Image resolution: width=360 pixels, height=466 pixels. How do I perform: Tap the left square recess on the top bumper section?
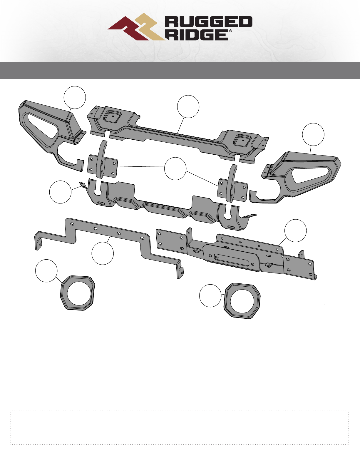pyautogui.click(x=112, y=117)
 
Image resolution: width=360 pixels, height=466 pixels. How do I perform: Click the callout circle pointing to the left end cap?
pyautogui.click(x=75, y=98)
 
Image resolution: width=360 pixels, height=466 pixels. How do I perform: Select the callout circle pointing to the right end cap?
pyautogui.click(x=313, y=134)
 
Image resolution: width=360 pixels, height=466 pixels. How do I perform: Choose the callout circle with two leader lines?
pyautogui.click(x=175, y=169)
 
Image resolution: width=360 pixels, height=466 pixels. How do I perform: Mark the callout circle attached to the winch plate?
pyautogui.click(x=296, y=231)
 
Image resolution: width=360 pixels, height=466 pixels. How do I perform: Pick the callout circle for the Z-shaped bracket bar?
pyautogui.click(x=103, y=253)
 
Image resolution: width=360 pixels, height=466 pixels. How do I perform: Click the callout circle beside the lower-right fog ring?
pyautogui.click(x=210, y=296)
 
